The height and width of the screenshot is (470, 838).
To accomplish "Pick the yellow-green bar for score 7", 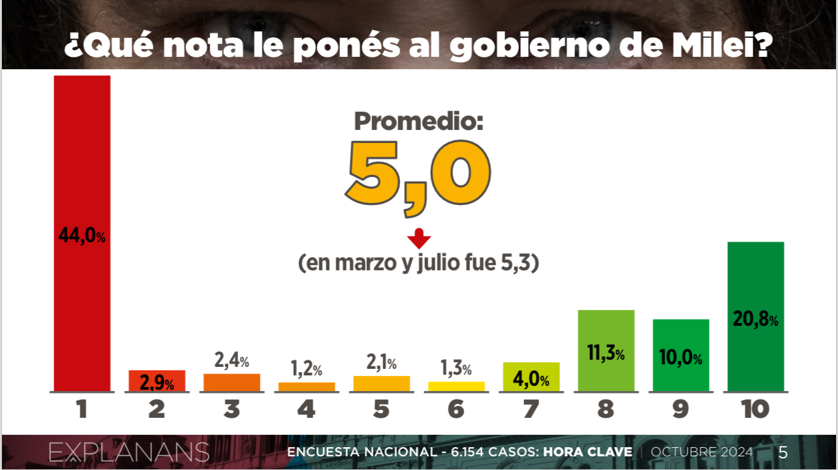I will (531, 377).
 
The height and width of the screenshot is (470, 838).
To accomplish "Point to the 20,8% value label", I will (756, 320).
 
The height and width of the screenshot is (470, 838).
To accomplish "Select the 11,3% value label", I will (606, 354).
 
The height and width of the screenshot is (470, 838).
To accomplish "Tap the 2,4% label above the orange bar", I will (232, 360).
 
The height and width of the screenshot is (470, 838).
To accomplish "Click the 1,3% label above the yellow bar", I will (456, 369).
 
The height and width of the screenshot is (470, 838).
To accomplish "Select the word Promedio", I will (418, 121).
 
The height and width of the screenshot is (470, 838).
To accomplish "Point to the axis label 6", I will (456, 409).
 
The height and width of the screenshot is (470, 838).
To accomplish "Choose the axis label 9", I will (681, 409).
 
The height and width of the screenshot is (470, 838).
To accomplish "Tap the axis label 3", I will (232, 409).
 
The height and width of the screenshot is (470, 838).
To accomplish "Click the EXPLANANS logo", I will (129, 452).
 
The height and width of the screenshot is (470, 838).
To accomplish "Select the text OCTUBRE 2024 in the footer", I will (702, 452).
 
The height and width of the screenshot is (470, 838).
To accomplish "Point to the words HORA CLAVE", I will (587, 452).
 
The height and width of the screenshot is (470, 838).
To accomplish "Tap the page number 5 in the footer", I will (783, 452).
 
